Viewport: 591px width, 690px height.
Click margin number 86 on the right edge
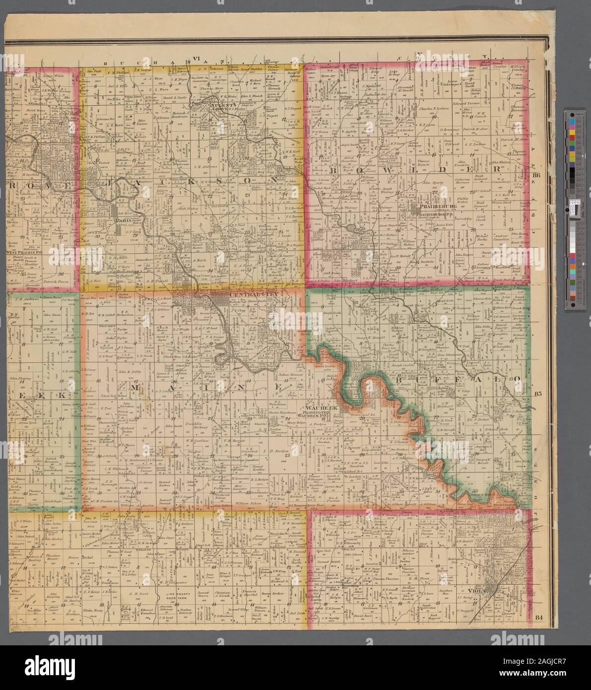pos(536,175)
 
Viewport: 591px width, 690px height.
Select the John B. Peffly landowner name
pos(130,371)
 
